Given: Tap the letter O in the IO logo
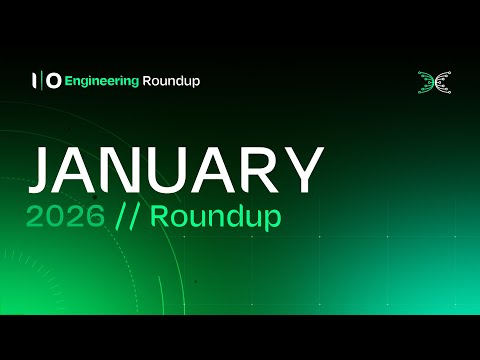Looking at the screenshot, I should point(52,81).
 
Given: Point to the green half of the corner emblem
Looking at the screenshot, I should point(425,81).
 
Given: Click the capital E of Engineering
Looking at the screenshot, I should point(68,81).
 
